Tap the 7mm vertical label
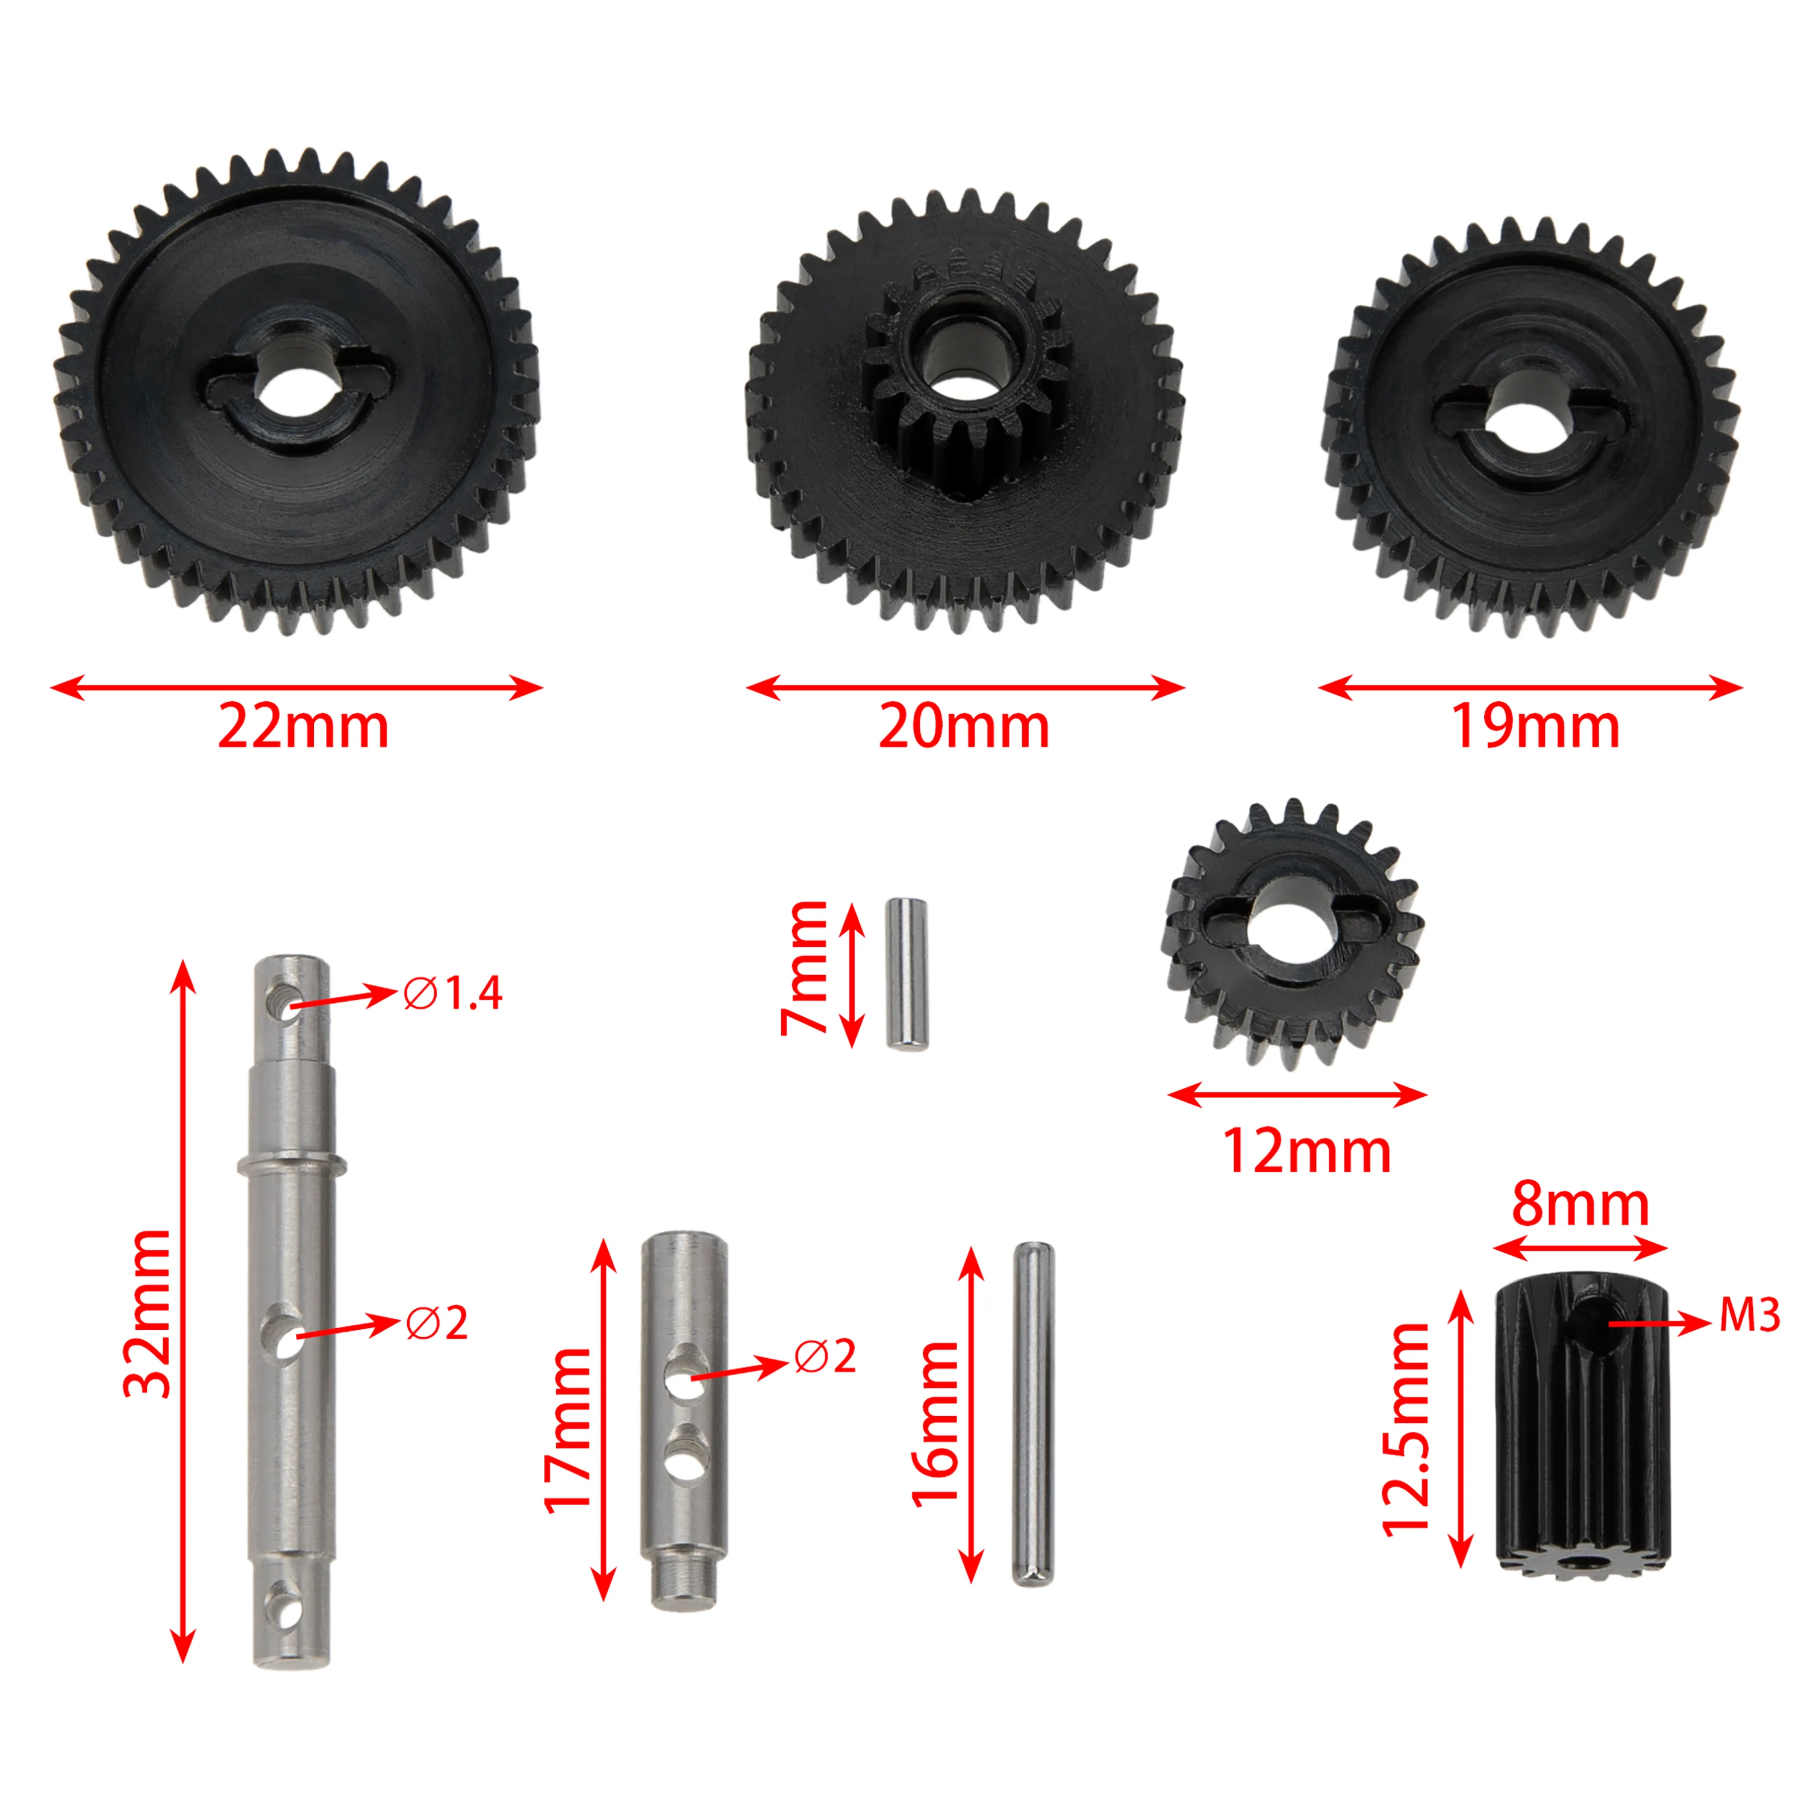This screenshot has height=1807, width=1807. tap(804, 968)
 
